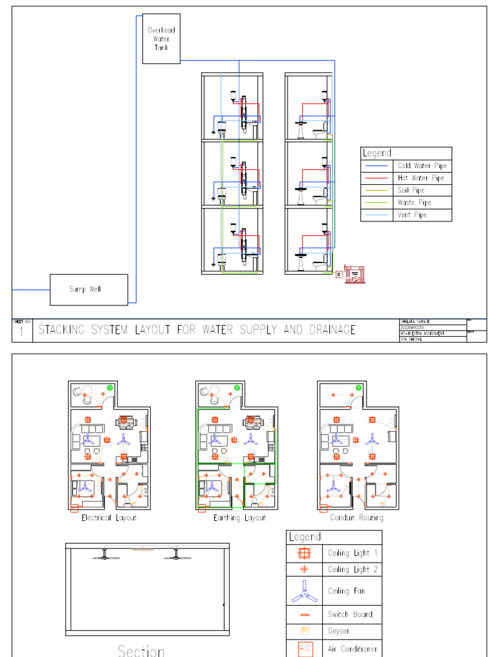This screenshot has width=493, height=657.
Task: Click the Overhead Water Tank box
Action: [x=161, y=38]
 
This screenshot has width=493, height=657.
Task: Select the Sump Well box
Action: [x=89, y=289]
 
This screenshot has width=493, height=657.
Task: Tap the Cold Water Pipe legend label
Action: [x=421, y=166]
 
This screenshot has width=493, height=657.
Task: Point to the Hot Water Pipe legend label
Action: [x=420, y=178]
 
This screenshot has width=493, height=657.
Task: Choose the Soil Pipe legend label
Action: [x=411, y=191]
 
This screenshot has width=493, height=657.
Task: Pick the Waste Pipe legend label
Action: [x=414, y=203]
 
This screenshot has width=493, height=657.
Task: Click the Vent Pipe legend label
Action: [x=411, y=215]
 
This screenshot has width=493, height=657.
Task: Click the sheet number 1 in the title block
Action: [x=22, y=332]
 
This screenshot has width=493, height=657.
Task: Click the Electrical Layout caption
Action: [x=108, y=518]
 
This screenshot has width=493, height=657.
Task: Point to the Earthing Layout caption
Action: [x=239, y=518]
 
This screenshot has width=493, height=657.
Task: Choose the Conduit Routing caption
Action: [x=356, y=518]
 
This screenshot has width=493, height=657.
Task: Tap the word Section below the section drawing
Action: [x=141, y=649]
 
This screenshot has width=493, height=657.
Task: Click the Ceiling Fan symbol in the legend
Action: [x=304, y=591]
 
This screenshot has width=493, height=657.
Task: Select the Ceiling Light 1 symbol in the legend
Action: [x=304, y=553]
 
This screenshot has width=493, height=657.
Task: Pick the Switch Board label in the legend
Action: [x=350, y=615]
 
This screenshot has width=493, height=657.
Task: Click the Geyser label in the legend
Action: [x=339, y=631]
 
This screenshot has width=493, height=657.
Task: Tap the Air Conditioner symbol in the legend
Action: [x=304, y=649]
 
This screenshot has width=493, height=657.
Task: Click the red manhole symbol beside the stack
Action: [x=353, y=274]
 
